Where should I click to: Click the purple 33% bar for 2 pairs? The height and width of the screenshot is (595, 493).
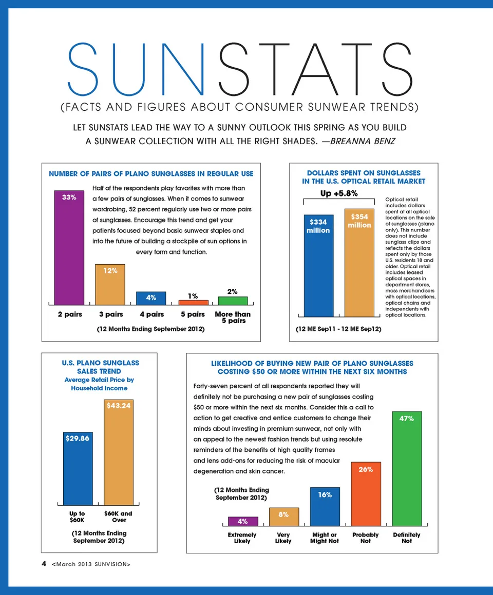coord(69,247)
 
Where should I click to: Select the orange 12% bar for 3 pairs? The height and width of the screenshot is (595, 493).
coord(110,284)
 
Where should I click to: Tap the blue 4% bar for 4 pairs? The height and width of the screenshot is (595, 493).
coord(151,298)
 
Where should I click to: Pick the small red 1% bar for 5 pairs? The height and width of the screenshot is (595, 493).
coord(193,302)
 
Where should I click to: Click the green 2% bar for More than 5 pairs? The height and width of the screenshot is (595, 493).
coord(233,301)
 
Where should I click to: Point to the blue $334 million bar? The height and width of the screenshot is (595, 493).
coord(318,266)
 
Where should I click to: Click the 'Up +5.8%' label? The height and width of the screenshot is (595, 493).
coord(339,193)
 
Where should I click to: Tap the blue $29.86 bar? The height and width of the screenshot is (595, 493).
coord(78,468)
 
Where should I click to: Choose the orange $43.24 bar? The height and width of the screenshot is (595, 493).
coord(119,452)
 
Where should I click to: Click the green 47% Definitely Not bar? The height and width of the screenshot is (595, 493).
coord(407,468)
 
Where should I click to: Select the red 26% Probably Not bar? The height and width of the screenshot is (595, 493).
coord(366,493)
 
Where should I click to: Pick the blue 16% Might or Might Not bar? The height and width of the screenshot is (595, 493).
coord(325,506)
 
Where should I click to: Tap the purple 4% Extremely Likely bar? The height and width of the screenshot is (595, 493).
coord(243,521)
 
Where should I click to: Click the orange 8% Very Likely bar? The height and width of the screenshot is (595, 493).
coord(283,517)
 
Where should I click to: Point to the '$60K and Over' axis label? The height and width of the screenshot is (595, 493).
coord(119,517)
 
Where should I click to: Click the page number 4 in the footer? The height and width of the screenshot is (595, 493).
coord(44,564)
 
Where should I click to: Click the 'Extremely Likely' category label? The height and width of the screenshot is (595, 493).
coord(242,538)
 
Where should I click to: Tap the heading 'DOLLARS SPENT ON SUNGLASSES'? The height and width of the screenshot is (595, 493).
coord(364,173)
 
